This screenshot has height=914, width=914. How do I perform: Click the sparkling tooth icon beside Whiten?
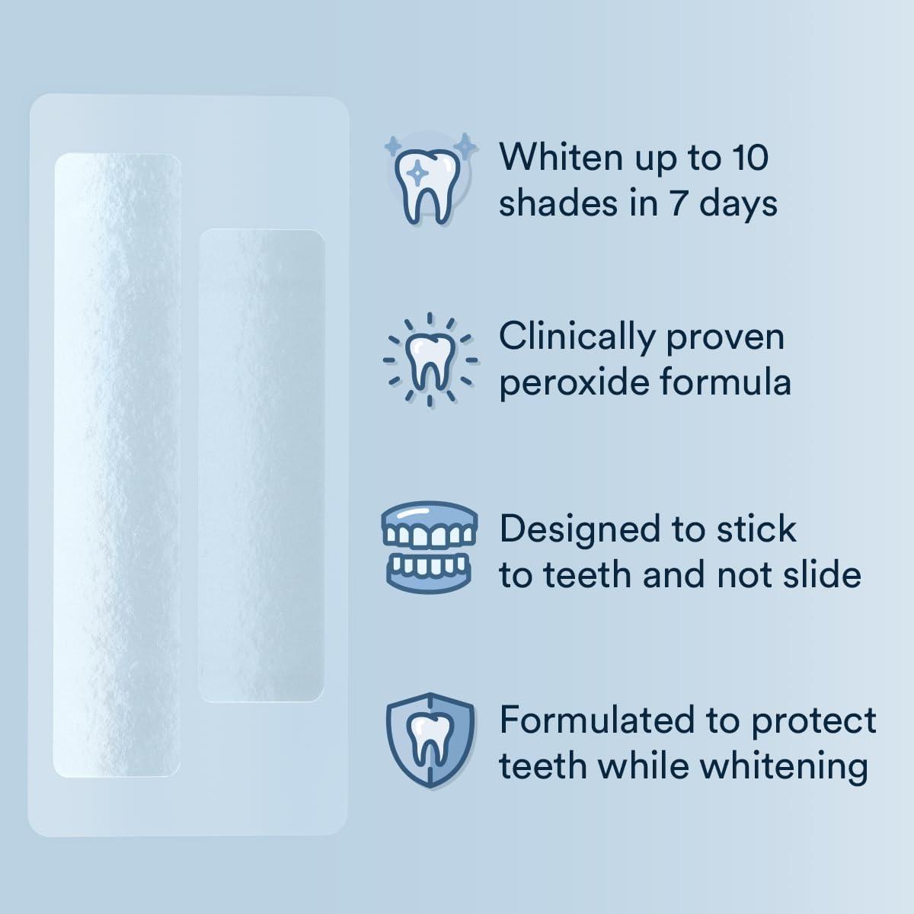coord(430,179)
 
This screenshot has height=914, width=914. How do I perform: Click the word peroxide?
coord(574,384)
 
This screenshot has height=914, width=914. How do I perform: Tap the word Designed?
coord(579,530)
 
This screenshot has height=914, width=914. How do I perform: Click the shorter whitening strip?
coord(261,465)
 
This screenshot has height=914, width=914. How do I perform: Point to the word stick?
coord(756,529)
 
